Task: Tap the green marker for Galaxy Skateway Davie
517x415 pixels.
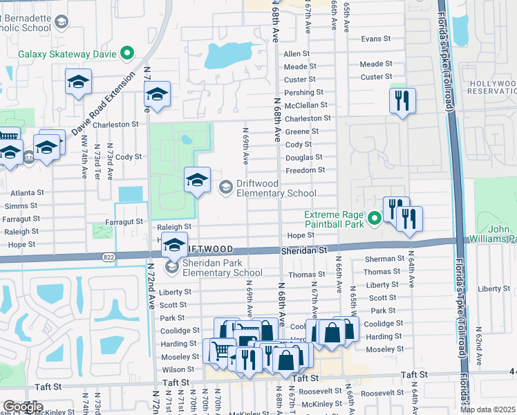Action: click(126, 53)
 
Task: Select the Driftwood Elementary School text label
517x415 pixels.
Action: click(276, 188)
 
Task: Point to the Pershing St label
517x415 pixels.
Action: click(303, 92)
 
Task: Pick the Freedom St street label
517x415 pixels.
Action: click(305, 170)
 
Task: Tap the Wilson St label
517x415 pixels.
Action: click(178, 369)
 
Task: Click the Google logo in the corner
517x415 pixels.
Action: click(23, 407)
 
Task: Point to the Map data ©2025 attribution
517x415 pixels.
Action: click(487, 409)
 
